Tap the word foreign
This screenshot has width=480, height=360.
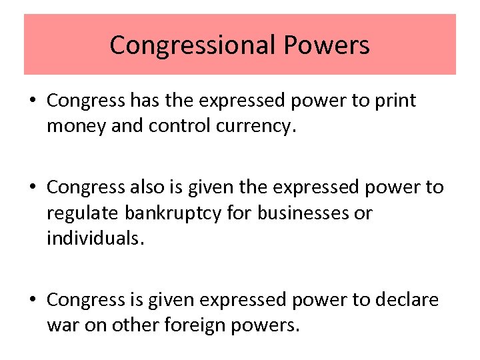(x=201, y=326)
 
